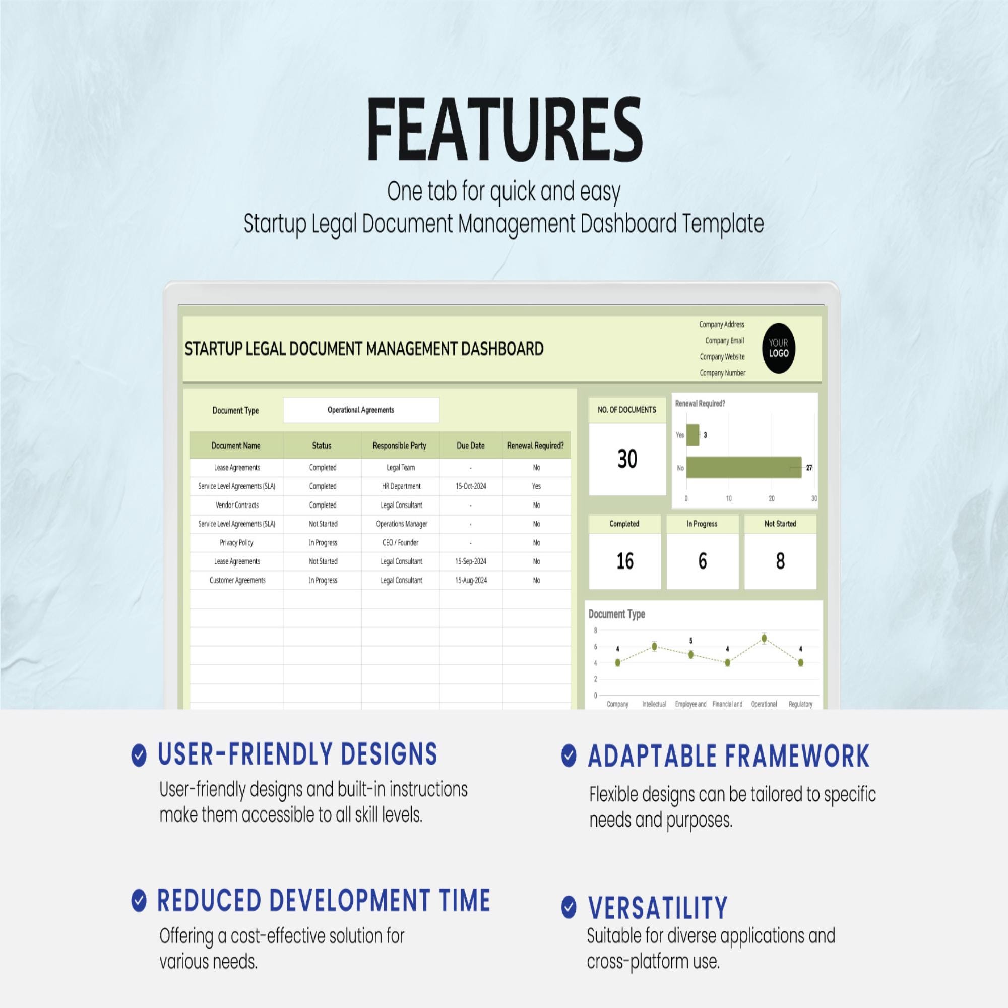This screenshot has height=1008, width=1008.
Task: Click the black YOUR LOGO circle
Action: [x=779, y=348]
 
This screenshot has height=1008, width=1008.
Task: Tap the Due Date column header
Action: [x=471, y=445]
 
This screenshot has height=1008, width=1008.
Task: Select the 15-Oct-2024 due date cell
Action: [x=471, y=486]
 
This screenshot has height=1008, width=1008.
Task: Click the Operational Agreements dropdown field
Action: [x=361, y=410]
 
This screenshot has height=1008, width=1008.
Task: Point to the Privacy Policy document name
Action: [x=236, y=543]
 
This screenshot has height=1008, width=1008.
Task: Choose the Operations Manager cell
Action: [x=401, y=524]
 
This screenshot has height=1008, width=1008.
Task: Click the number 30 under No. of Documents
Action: [x=627, y=459]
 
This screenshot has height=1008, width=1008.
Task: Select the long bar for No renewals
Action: [x=743, y=468]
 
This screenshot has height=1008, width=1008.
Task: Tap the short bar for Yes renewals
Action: [x=692, y=434]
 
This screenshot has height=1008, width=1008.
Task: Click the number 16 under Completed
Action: [x=625, y=561]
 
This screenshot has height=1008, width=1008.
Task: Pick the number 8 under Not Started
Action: [x=780, y=561]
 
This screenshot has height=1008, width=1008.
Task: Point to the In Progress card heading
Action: [x=702, y=523]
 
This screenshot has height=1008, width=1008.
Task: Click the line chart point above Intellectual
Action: [x=654, y=646]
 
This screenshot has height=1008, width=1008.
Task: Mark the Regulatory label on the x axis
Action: [x=800, y=704]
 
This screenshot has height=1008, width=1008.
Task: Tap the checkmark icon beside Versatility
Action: [x=569, y=907]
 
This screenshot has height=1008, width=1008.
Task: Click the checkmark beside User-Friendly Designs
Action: [x=139, y=755]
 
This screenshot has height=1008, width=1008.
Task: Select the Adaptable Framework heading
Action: [x=728, y=756]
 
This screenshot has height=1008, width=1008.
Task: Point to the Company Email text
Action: [x=725, y=340]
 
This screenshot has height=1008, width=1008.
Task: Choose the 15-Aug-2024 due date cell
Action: [x=471, y=580]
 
